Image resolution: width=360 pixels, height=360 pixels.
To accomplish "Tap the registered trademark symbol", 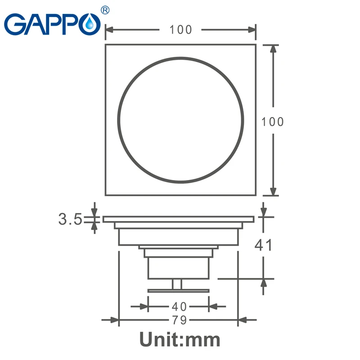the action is tap(105, 10).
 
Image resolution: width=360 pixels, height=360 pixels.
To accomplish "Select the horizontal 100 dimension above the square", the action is tap(181, 30).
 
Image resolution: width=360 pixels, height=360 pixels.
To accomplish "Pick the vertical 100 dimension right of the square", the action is tap(273, 121).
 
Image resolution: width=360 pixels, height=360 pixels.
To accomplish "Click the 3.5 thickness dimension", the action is tap(70, 219).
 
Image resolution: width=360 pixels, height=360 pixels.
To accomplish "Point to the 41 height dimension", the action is tap(263, 245).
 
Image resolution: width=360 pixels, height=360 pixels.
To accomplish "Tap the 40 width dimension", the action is tap(179, 306).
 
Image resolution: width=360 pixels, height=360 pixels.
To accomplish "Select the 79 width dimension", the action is tap(180, 319).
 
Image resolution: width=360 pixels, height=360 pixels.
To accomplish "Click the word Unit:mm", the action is tap(180, 339).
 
